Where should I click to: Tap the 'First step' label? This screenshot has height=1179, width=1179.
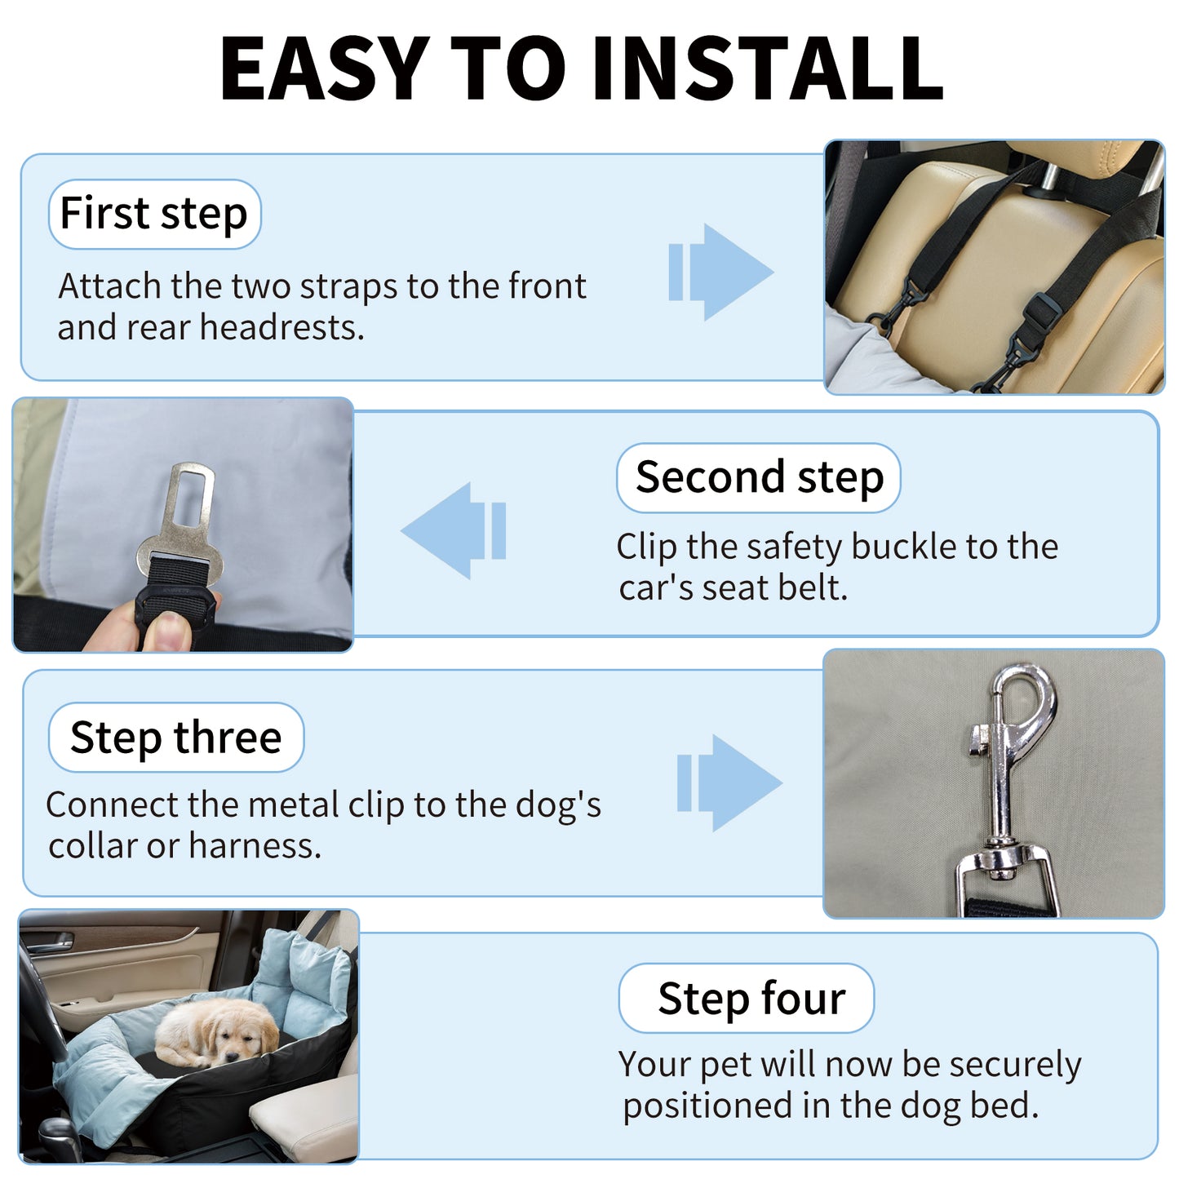(154, 214)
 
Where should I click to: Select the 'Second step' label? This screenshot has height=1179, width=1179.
(759, 477)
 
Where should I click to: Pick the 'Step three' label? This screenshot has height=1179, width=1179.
(176, 738)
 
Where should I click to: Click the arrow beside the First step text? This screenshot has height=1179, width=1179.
(721, 272)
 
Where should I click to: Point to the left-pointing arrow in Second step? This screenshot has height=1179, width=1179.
(454, 530)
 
